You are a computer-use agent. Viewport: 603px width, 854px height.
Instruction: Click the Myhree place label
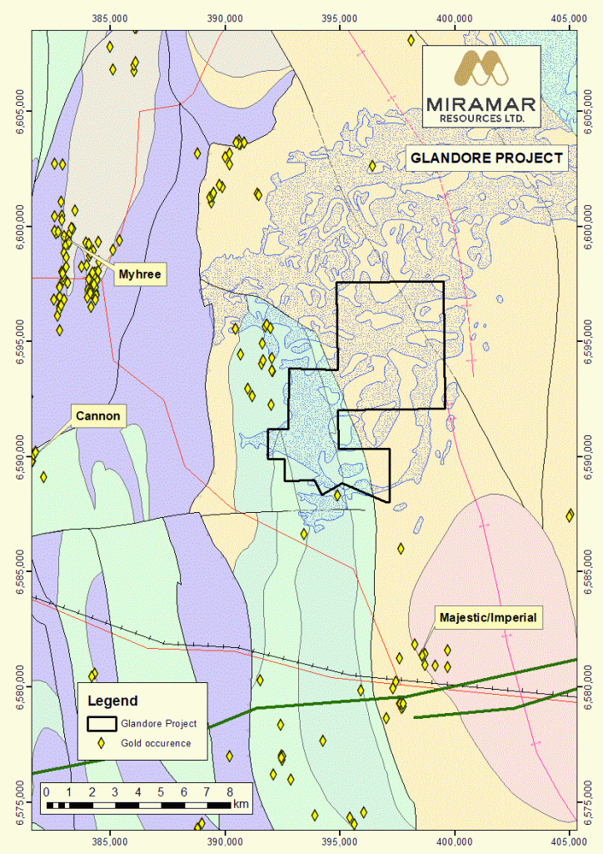(x=138, y=274)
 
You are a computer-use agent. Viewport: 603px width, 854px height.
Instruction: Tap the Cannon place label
(x=98, y=415)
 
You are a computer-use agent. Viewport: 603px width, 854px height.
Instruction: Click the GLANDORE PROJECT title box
(x=486, y=158)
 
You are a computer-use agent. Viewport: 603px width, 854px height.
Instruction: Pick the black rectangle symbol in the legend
(x=102, y=723)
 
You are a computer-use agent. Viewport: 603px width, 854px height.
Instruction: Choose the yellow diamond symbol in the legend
(x=102, y=743)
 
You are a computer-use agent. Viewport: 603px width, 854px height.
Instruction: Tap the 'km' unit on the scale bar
(x=242, y=805)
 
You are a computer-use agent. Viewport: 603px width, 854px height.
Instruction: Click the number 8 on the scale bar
(x=229, y=791)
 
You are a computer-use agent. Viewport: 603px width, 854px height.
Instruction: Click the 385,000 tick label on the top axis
(x=110, y=16)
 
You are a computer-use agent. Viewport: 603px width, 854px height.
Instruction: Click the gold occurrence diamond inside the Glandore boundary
(x=337, y=495)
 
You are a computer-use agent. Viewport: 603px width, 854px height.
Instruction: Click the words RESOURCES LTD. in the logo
(x=486, y=118)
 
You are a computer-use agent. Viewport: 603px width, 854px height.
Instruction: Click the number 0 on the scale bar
(x=47, y=791)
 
